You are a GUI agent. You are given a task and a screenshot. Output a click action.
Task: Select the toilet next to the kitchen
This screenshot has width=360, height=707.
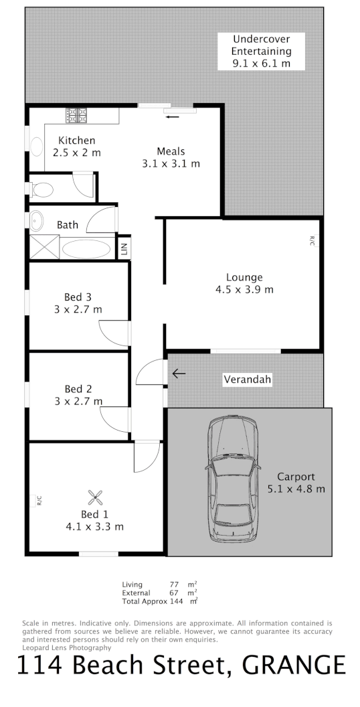(42, 189)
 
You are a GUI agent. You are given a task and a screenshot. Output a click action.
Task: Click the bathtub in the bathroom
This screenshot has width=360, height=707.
(87, 249)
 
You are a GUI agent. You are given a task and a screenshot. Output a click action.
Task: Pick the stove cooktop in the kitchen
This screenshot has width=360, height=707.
(77, 115)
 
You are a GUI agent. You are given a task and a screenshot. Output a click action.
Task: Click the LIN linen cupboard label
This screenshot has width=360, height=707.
(124, 249)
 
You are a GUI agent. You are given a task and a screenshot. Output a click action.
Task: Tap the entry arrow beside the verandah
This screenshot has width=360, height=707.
(178, 373)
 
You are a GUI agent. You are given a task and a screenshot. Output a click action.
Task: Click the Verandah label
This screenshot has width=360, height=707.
(247, 380)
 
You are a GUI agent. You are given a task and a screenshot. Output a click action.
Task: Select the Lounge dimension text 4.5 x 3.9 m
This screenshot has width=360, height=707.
(244, 290)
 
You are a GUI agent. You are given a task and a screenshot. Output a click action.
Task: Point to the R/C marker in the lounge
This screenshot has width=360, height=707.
(311, 242)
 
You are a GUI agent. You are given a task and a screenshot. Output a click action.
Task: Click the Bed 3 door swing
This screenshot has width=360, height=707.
(114, 333)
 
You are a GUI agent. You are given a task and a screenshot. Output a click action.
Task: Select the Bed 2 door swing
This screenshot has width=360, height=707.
(114, 420)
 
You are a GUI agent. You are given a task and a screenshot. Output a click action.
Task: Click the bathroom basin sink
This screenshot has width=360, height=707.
(35, 220)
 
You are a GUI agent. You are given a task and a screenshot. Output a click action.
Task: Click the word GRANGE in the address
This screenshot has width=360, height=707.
(294, 665)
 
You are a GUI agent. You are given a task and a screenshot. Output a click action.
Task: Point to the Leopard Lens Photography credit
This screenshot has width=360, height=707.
(67, 647)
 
